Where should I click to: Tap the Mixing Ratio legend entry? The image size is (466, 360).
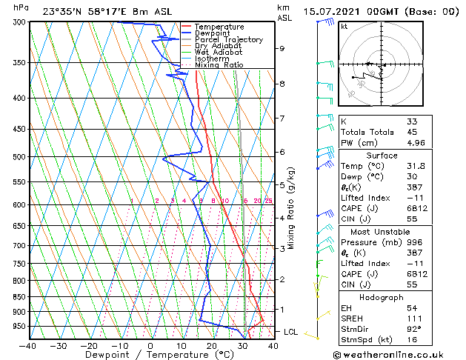219,65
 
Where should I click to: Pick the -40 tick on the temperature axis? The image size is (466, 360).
28,345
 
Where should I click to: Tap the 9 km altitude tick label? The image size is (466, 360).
282,48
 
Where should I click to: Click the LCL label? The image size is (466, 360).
290,332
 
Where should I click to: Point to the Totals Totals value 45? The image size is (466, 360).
411,132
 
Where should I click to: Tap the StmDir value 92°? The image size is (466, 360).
413,329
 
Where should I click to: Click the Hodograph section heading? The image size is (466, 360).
382,297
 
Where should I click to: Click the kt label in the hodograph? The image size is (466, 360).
344,26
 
